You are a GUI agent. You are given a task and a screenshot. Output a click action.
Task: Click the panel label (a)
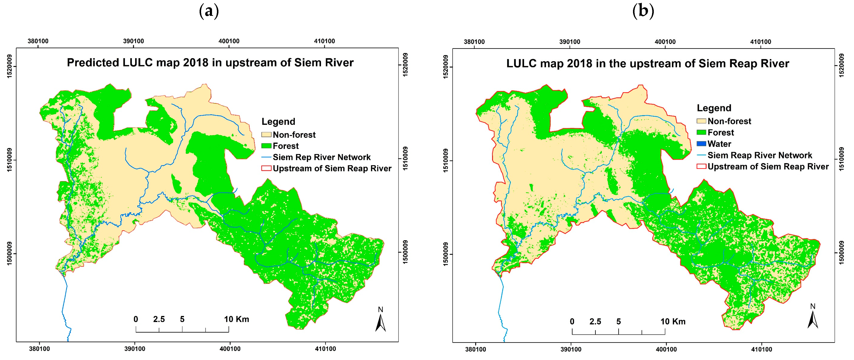[x=209, y=11]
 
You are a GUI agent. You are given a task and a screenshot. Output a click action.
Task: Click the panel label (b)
[x=643, y=11]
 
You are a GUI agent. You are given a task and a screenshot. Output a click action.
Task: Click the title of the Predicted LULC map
[x=210, y=63]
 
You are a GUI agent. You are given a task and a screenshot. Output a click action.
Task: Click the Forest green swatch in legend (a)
[x=266, y=146]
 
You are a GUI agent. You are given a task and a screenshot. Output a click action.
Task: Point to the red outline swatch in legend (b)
[x=701, y=166]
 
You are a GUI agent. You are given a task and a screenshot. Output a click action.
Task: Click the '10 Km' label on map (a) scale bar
[x=236, y=319]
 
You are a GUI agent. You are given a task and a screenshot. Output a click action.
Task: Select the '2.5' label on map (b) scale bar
[x=595, y=321]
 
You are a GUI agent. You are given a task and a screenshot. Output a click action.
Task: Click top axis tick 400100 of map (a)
[x=229, y=41]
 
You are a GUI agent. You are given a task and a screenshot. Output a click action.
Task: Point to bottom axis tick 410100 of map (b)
[x=761, y=349]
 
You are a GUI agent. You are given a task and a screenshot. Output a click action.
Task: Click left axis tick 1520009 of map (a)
[x=9, y=66]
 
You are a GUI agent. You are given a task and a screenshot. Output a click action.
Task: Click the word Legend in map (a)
[x=278, y=122]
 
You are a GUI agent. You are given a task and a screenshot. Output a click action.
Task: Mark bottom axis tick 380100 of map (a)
[x=39, y=349]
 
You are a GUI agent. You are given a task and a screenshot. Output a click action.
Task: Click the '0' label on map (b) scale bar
[x=572, y=321]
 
